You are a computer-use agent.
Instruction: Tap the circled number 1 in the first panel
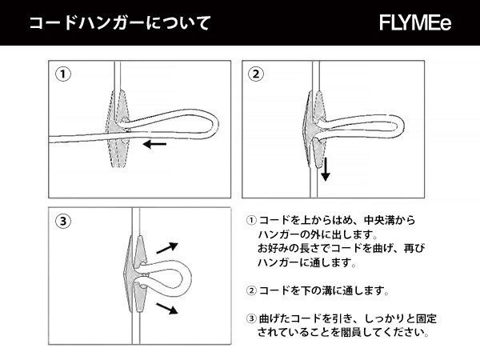pyautogui.click(x=63, y=74)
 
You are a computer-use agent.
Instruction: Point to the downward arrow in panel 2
pyautogui.click(x=326, y=169)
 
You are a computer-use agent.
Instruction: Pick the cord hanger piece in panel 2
pyautogui.click(x=314, y=128)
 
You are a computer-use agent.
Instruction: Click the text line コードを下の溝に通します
pyautogui.click(x=320, y=290)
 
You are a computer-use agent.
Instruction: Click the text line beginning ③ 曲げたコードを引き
pyautogui.click(x=340, y=318)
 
